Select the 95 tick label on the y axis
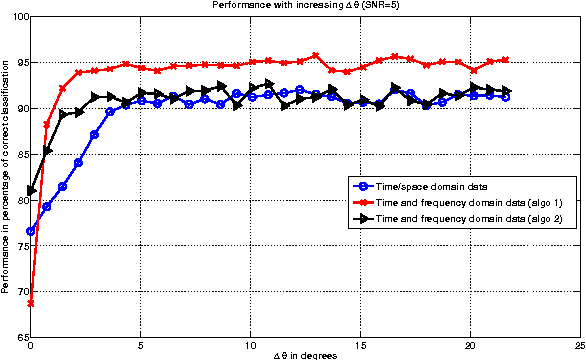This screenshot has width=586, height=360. [x=21, y=63]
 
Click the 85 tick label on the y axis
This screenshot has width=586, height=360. [x=21, y=154]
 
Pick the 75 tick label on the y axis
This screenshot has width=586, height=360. [x=21, y=246]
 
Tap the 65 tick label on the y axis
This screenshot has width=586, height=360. [x=21, y=337]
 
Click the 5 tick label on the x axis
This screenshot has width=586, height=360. [x=141, y=346]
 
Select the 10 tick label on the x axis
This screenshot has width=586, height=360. [x=250, y=346]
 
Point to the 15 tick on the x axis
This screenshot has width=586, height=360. [x=360, y=346]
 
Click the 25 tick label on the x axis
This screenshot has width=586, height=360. [x=579, y=346]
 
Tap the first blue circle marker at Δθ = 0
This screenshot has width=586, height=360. [x=32, y=231]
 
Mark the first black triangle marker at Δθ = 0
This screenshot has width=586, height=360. [x=32, y=190]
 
